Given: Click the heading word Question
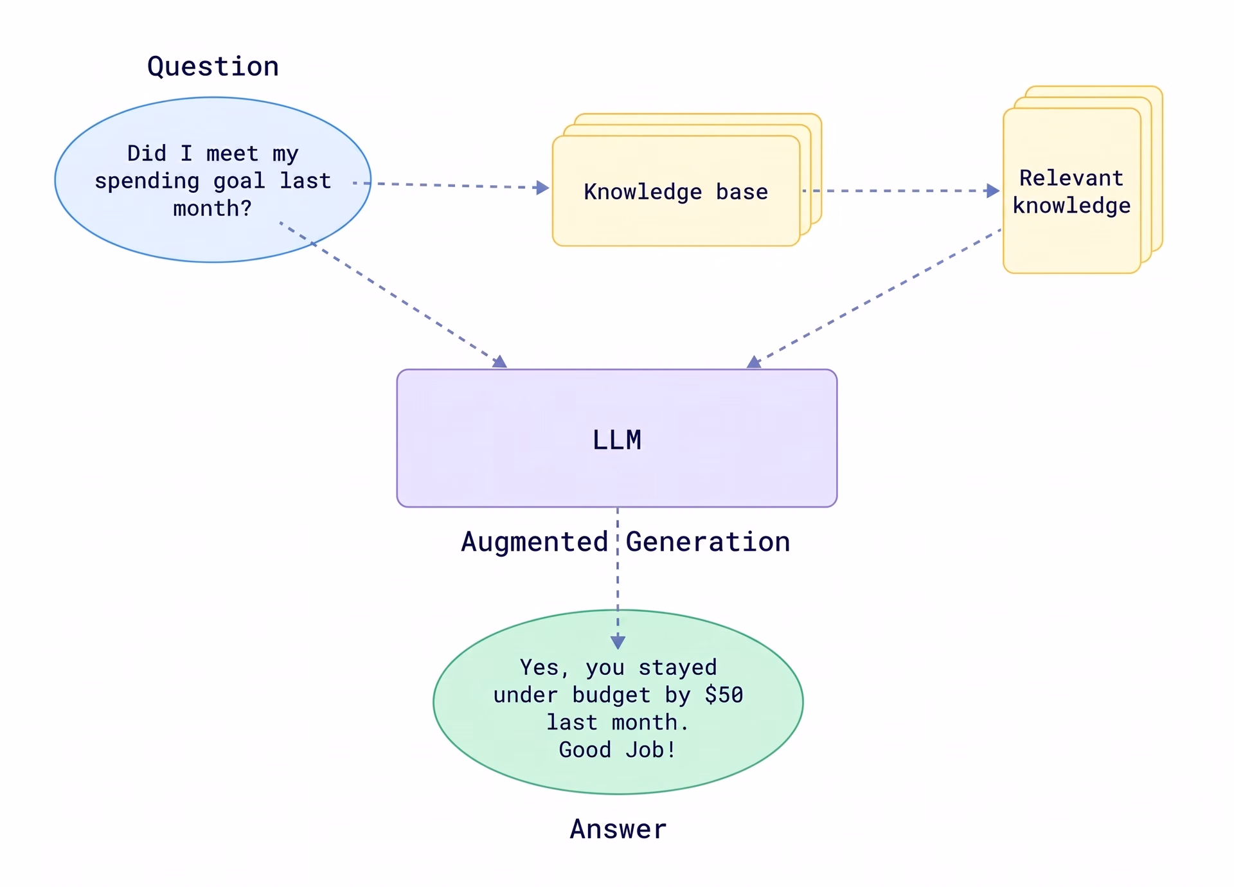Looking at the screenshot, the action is pos(213,67).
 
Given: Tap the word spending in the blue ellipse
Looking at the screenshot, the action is pos(147,182).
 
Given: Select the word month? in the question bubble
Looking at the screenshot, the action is pos(213,208).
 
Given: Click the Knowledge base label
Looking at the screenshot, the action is pos(676,192).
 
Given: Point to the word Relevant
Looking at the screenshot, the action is pos(1071,177).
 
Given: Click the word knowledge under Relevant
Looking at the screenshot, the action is pos(1071,206).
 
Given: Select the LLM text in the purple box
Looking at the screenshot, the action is pos(617,440).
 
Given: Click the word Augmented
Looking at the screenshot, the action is pos(535,542).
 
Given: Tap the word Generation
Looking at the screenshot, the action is pos(708,542).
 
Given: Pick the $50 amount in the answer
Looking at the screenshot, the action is pos(724,695).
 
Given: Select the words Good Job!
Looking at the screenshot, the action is pos(617,749).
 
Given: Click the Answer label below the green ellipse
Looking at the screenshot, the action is pos(618,829).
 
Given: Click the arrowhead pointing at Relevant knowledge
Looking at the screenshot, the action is pos(993,191).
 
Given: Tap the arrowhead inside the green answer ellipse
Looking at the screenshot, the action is pos(618,641).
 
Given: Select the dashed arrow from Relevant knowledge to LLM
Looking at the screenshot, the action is pos(874,298).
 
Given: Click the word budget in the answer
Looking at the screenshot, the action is pos(611,695).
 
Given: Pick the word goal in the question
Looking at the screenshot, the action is pos(239,182).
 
